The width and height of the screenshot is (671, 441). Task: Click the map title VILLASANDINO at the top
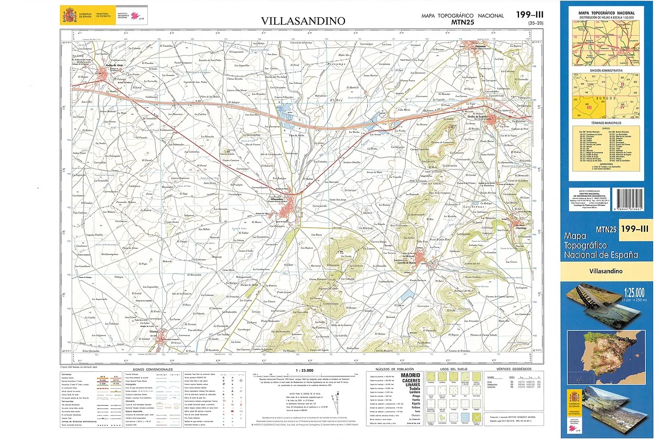click(x=304, y=21)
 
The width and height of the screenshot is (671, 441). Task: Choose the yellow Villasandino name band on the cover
click(x=607, y=271)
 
